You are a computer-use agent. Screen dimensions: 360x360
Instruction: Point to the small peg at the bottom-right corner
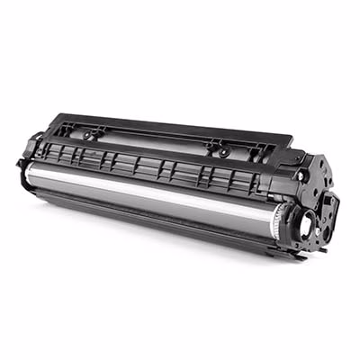coord(310,253)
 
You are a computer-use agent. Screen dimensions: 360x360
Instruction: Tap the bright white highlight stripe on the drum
coord(153,187)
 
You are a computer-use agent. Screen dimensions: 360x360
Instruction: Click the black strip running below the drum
coord(153,225)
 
